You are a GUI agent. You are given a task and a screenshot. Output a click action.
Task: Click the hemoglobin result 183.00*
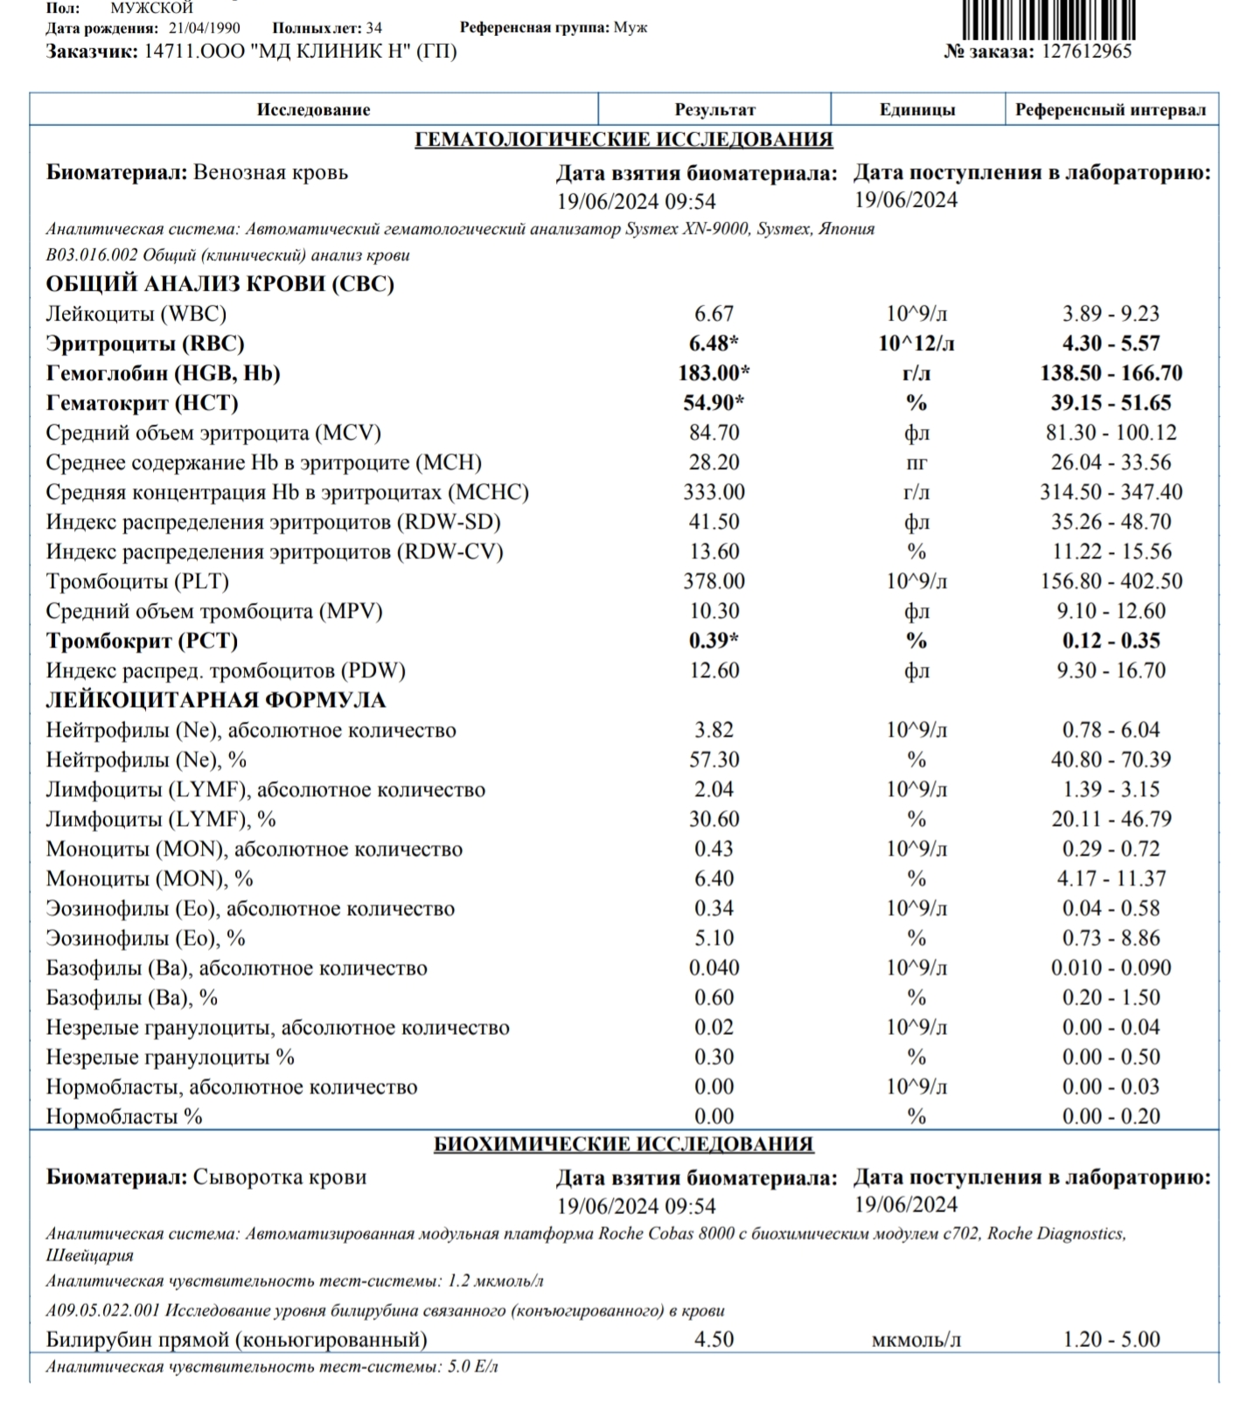coord(714,373)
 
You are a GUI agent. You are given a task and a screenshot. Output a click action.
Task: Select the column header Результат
coord(714,110)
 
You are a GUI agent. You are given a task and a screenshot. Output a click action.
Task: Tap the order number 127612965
coord(1087,52)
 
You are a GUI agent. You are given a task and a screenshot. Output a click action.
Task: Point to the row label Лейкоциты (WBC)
coord(136,314)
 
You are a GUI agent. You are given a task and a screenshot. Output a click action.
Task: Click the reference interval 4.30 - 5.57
coord(1111,344)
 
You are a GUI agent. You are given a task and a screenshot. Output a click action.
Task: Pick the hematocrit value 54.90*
coord(714,403)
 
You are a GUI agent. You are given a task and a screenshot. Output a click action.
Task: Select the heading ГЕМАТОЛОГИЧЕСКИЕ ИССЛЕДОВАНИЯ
coord(623,140)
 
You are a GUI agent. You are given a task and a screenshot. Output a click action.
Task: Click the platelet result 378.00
coord(714,581)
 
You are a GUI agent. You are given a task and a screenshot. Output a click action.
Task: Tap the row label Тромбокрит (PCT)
coord(142,641)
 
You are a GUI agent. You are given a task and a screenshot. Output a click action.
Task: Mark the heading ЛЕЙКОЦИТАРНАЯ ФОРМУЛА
coord(215,700)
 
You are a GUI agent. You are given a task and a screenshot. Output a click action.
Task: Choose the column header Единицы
coord(916,110)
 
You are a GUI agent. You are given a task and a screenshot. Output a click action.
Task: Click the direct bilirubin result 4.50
coord(714,1339)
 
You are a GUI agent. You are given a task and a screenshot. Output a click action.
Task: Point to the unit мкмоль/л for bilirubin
coord(916,1339)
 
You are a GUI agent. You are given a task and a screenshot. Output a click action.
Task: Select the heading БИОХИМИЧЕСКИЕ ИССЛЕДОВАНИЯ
coord(623,1144)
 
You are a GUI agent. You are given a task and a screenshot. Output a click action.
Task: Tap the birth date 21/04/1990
coord(205,28)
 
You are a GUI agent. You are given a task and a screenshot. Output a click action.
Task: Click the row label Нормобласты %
coord(124,1116)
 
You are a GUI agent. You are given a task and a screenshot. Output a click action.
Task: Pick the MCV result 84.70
coord(714,433)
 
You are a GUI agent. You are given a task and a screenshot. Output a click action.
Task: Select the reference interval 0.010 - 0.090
coord(1111,968)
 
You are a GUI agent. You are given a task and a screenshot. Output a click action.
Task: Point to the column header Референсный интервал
coord(1111,110)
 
